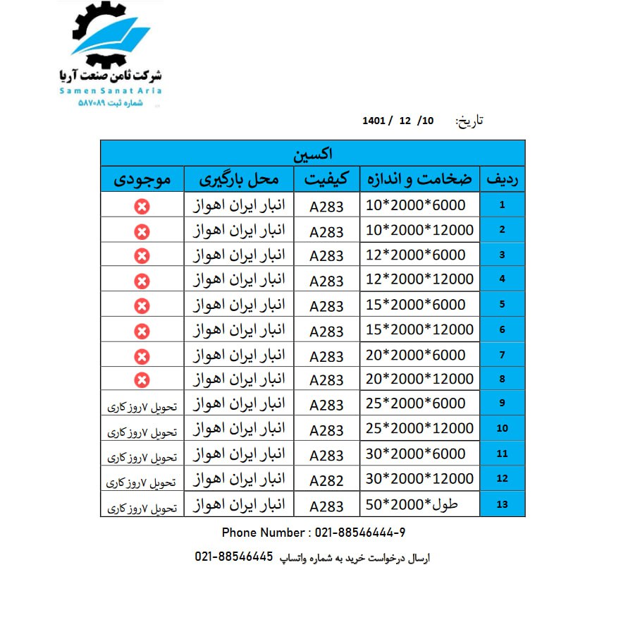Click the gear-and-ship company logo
[x=111, y=35]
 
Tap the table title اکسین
[x=312, y=153]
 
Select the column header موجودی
[x=142, y=179]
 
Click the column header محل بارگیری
[x=237, y=179]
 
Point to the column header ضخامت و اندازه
[x=419, y=179]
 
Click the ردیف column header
[x=503, y=180]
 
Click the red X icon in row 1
[x=142, y=206]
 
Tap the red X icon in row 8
[x=142, y=380]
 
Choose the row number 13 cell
[x=502, y=505]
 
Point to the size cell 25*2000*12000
[x=420, y=429]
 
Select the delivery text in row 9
[x=142, y=407]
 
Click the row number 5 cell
[x=502, y=305]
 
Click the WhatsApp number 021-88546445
[x=234, y=557]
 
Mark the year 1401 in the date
[x=374, y=121]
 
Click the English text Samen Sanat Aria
[x=111, y=91]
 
